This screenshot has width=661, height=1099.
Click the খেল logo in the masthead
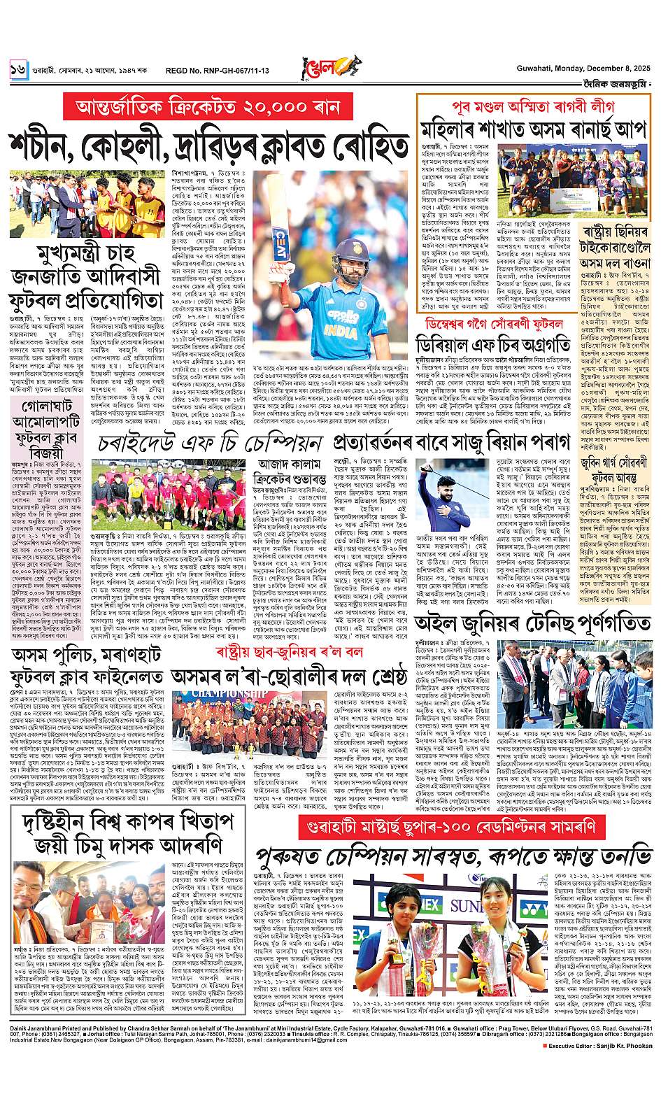pyautogui.click(x=327, y=67)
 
